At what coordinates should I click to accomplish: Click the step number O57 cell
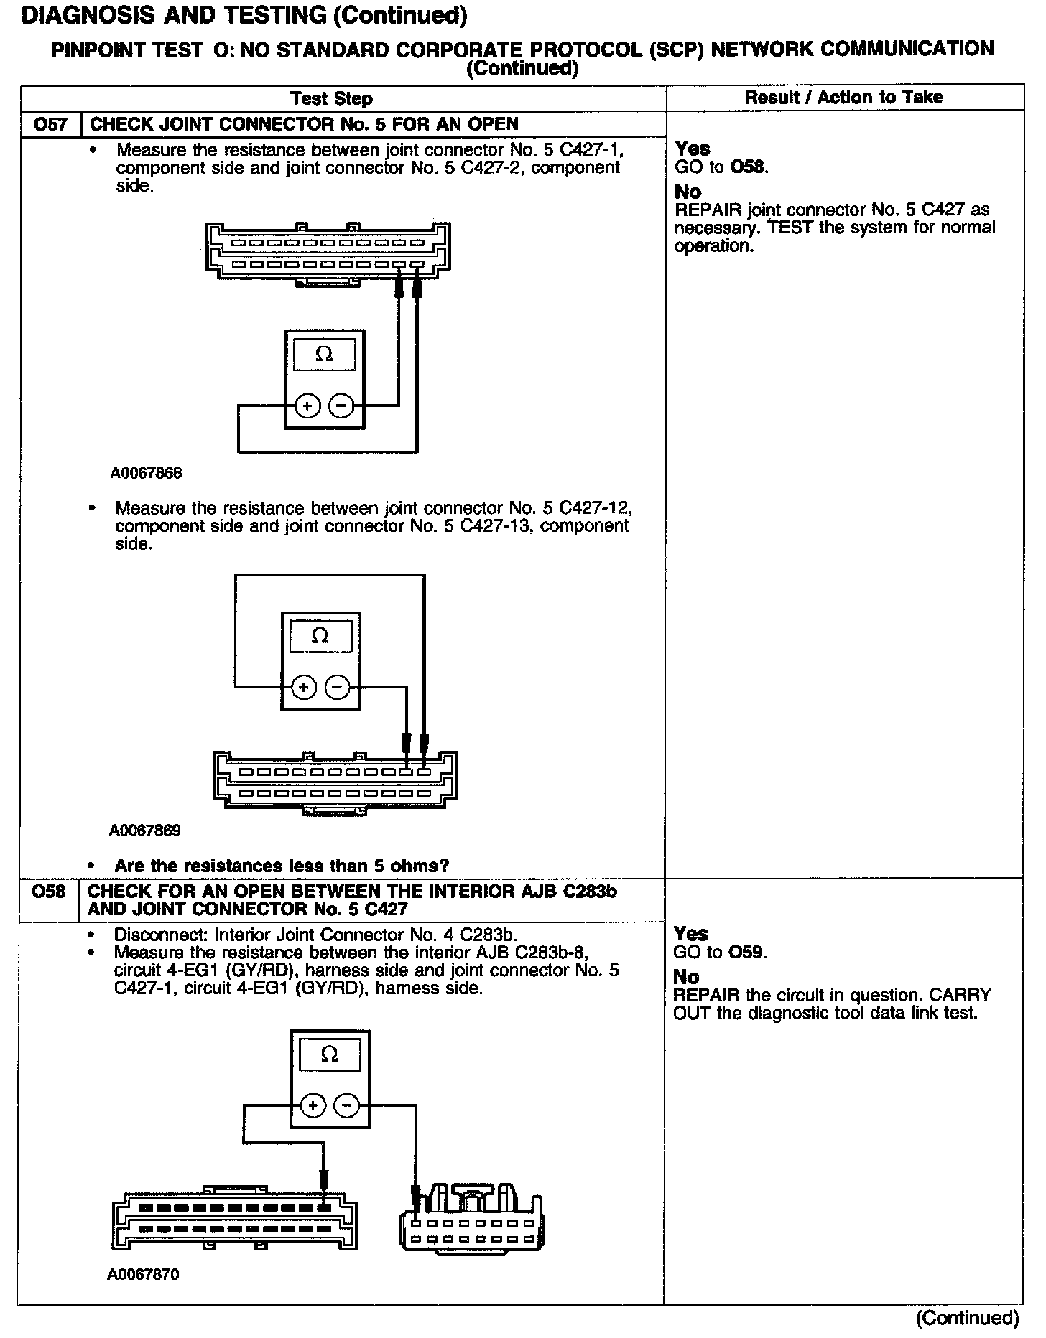50,124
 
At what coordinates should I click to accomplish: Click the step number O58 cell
48,892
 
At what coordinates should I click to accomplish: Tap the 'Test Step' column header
331,99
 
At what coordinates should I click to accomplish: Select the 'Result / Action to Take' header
843,98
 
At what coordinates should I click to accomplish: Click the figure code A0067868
146,473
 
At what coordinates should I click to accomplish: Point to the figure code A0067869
144,831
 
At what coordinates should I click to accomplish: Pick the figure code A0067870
143,1275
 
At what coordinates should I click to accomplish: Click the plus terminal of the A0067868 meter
307,406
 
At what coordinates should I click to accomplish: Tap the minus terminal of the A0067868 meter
341,406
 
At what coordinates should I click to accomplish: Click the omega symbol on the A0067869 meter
320,636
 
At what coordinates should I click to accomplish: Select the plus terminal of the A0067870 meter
313,1105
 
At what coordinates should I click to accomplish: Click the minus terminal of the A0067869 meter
337,688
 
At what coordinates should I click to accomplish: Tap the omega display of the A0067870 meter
330,1054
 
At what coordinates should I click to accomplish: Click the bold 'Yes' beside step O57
693,149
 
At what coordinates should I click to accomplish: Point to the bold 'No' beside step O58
686,977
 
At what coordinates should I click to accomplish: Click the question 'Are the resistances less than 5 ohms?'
281,866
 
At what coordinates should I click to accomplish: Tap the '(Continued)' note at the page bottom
967,1319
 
